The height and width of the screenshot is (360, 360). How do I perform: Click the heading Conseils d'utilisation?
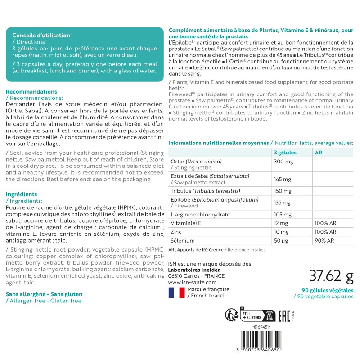41,36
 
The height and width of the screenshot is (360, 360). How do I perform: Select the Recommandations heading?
31,91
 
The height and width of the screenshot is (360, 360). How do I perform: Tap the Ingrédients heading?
22,194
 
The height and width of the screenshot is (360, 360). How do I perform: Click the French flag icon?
176,292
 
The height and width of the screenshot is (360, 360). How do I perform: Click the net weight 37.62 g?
331,274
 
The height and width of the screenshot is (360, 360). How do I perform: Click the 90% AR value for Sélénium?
324,241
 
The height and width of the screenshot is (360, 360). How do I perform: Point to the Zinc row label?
176,232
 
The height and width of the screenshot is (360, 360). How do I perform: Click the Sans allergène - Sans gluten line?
44,294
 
